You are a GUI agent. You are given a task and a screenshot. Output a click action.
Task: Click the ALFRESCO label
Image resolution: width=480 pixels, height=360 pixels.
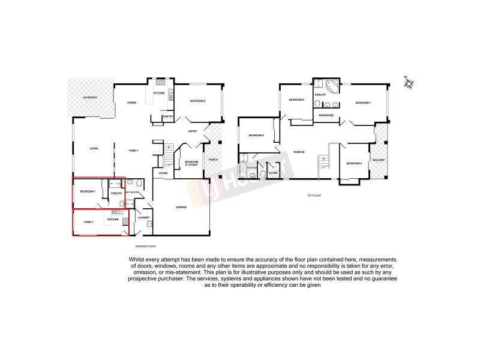pos(91,97)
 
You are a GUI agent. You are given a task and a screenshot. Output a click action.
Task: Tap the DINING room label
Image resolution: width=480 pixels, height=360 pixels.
pos(131,103)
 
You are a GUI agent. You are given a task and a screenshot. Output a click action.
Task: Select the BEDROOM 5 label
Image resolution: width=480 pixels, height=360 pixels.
pos(198,101)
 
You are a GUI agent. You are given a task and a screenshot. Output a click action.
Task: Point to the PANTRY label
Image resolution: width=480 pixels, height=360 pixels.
pos(167,116)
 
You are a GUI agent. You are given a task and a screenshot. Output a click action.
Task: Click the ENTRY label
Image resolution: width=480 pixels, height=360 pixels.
pos(193,131)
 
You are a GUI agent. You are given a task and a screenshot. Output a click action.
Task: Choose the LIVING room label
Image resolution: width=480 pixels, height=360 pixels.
pos(94,149)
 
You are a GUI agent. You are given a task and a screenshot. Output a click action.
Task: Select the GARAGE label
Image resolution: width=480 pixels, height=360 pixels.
pos(181,207)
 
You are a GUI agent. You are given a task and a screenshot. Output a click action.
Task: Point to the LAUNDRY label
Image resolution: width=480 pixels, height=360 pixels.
pos(143,218)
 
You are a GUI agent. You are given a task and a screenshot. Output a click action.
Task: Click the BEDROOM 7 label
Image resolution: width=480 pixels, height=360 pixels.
pos(88,191)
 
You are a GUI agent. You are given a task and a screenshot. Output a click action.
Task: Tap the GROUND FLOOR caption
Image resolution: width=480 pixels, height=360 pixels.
pos(145,246)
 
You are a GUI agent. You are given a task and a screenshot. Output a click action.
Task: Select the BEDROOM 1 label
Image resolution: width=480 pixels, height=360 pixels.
pos(363,103)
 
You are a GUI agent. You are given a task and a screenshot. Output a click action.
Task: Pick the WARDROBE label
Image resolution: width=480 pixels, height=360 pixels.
pos(326,114)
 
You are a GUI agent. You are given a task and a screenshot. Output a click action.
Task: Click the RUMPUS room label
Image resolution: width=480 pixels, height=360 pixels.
pos(299,152)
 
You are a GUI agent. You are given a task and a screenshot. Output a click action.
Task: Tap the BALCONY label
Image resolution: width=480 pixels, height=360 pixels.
pos(379,160)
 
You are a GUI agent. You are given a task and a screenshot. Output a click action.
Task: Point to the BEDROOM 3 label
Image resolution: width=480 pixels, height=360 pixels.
pos(257,135)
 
